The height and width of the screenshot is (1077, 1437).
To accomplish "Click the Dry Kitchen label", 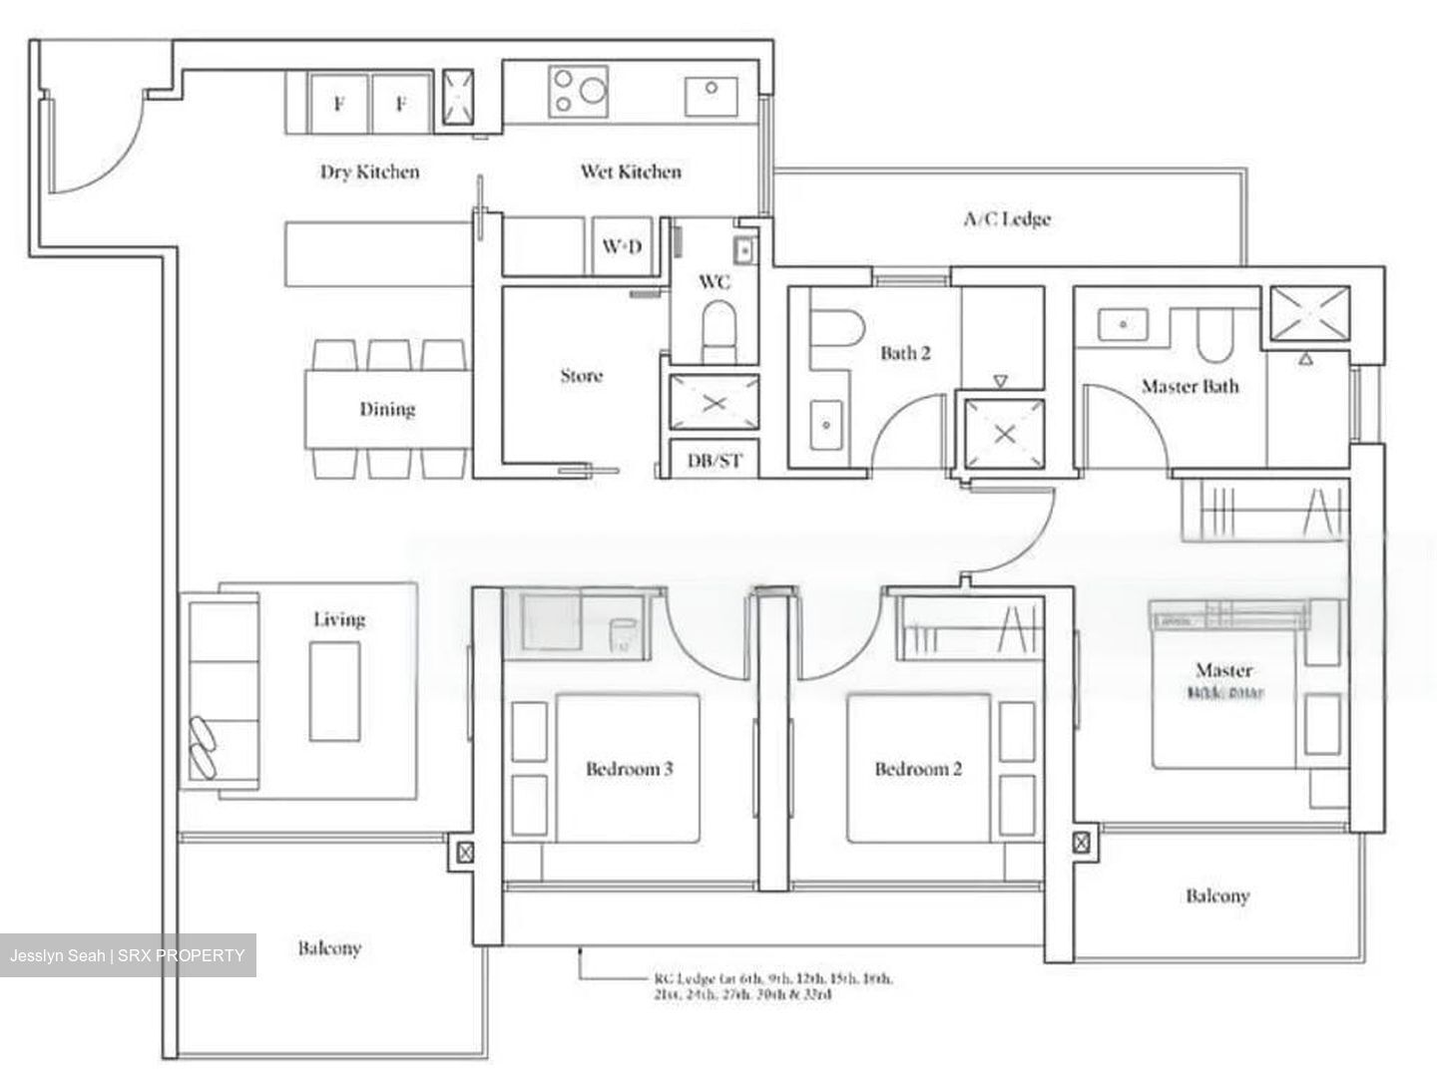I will click(x=369, y=172).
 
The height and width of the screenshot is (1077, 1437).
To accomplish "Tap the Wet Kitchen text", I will click(x=631, y=172).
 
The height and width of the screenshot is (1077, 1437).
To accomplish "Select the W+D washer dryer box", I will click(x=622, y=245).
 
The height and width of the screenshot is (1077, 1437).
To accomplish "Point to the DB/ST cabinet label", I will click(x=716, y=461).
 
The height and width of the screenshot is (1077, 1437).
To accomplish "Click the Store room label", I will click(x=581, y=376).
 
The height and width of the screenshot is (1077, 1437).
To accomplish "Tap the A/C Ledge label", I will click(x=1006, y=218).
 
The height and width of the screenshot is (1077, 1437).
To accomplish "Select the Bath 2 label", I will click(x=905, y=353).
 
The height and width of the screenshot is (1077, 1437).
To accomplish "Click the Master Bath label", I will click(x=1190, y=386).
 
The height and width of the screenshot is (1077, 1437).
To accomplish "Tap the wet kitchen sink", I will click(x=712, y=96).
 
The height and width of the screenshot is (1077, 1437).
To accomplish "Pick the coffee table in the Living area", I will click(x=334, y=690).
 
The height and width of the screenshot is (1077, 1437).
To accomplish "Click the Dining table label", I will click(x=387, y=409).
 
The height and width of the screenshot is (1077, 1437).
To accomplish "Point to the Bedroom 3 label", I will click(x=629, y=769).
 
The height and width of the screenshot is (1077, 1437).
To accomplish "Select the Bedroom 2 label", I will click(x=918, y=769).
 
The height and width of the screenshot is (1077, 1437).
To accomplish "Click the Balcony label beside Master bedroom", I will click(x=1216, y=896).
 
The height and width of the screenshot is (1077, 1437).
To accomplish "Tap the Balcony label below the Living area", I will click(x=329, y=947).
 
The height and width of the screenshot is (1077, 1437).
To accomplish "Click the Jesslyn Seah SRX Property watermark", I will click(x=128, y=955).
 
